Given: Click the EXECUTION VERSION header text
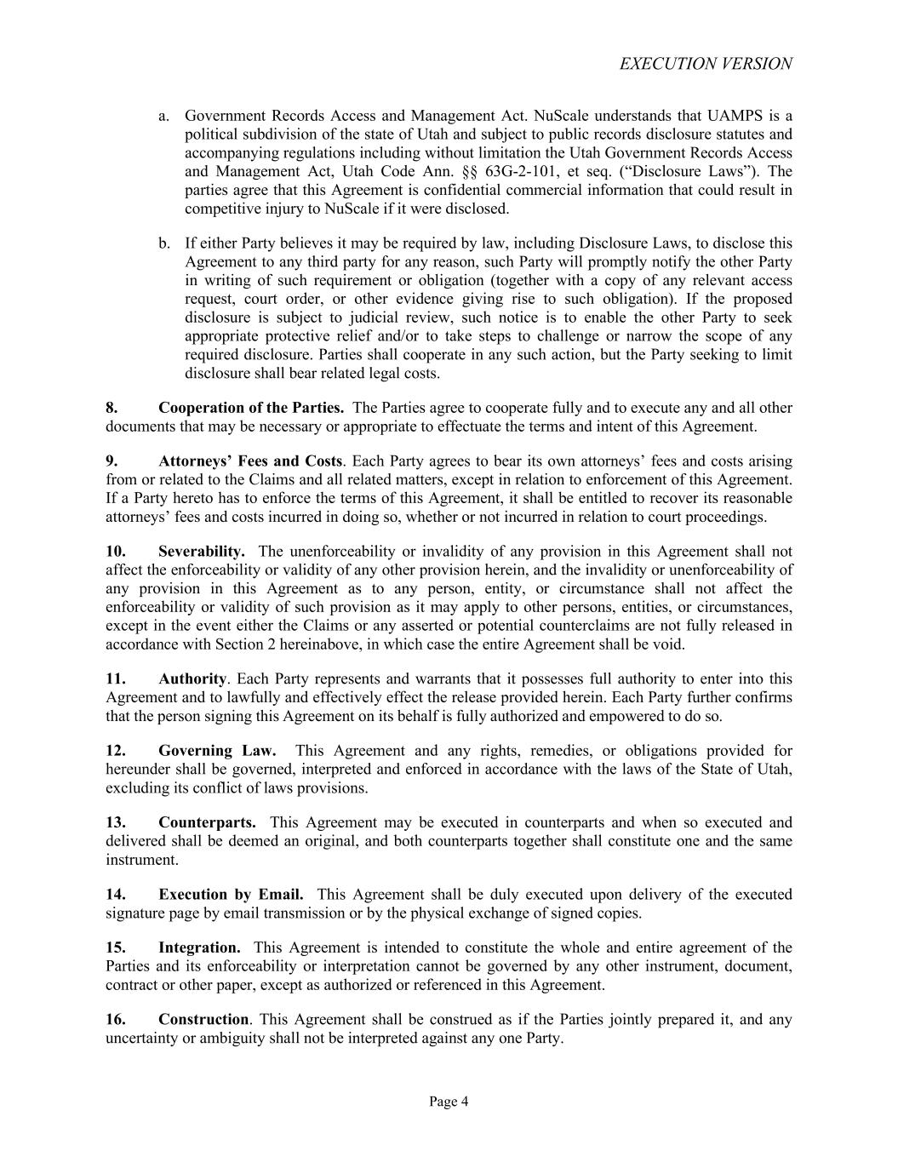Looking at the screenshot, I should tap(706, 64).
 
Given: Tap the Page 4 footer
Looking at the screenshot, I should tap(449, 1102).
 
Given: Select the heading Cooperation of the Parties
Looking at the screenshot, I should tap(251, 408).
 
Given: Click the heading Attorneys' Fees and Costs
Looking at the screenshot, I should tap(250, 461).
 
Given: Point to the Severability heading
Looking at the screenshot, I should tap(202, 552).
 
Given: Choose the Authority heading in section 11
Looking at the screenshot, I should tap(192, 678).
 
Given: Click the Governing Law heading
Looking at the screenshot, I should tap(217, 750).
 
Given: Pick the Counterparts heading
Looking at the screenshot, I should tap(207, 822).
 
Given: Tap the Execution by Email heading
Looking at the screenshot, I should tap(231, 894).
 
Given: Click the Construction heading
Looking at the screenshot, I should tap(203, 1019).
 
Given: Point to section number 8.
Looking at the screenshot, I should tap(112, 408).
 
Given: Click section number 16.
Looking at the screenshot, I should tap(116, 1019).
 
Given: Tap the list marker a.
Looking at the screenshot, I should tap(163, 116).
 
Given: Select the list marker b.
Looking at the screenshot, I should tap(163, 243).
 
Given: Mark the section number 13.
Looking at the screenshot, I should tap(116, 822).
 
